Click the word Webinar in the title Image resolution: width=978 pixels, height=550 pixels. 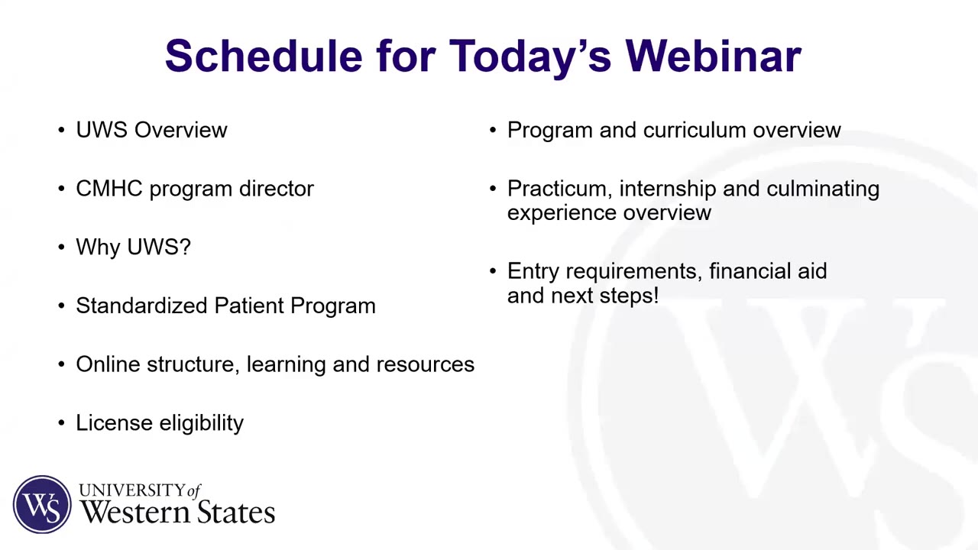pos(714,56)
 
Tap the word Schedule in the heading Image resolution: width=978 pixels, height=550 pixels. pos(264,56)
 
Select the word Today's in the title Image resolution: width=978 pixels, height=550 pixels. pos(530,58)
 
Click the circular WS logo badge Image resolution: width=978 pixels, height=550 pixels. pos(42,504)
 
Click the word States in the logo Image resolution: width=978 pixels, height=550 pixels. pos(236,512)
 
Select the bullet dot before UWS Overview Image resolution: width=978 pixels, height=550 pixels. pos(62,130)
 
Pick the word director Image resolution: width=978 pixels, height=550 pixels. pos(277,189)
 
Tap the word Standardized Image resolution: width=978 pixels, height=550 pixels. pos(141,306)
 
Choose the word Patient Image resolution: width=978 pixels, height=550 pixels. pos(249,306)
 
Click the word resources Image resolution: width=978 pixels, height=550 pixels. pos(426,365)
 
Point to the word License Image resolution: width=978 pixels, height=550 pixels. pos(114,422)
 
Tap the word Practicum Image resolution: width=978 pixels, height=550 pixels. pos(560,189)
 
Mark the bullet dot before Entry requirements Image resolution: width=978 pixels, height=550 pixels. pos(493,271)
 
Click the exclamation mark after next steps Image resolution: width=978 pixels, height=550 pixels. pos(656,296)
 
